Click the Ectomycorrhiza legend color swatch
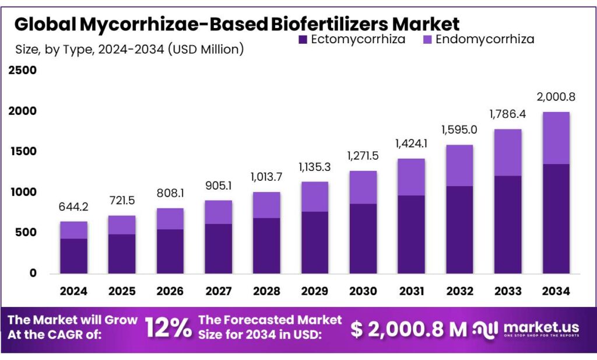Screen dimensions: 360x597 302,40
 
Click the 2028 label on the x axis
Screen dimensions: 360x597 266,291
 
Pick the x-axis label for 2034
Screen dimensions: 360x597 555,291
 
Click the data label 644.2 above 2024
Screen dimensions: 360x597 73,207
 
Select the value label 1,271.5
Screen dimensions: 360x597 362,156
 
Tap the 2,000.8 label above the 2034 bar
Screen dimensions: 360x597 555,97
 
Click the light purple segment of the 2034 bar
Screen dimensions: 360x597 555,138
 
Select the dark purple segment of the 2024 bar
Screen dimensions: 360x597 73,256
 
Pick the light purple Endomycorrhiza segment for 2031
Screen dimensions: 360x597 410,177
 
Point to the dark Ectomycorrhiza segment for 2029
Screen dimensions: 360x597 314,242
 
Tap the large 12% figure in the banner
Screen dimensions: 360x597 168,328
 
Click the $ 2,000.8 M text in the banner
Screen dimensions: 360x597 408,329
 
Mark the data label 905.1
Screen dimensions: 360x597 218,186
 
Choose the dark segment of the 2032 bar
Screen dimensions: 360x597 459,229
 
